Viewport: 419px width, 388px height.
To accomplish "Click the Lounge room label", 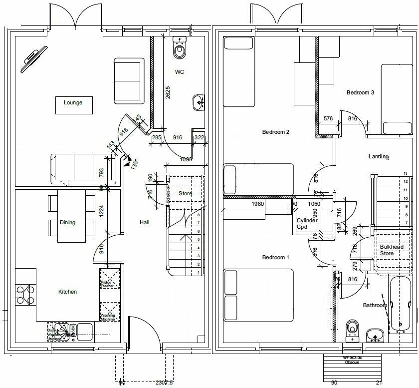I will click(x=73, y=103).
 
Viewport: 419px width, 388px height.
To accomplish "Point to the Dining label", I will click(x=67, y=222).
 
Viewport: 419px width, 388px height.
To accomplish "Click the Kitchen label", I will click(x=67, y=292).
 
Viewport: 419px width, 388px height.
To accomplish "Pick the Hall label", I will click(x=145, y=222).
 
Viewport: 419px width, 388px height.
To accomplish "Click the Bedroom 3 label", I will click(x=360, y=92).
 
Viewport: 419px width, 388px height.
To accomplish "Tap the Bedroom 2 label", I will click(x=276, y=132).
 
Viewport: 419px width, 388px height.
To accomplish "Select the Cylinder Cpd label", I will click(x=307, y=223).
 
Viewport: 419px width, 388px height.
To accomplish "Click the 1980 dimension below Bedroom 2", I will click(x=257, y=204).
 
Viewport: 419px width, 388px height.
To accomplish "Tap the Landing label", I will click(x=378, y=157).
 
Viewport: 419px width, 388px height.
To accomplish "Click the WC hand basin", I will click(x=198, y=102).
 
